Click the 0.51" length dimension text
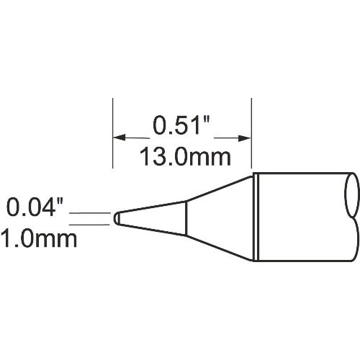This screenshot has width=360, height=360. pyautogui.click(x=181, y=127)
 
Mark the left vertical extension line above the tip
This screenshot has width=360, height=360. pyautogui.click(x=113, y=137)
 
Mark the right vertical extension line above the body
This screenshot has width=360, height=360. pyautogui.click(x=251, y=137)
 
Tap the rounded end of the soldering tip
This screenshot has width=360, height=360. pyautogui.click(x=117, y=218)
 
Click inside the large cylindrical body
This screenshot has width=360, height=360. pyautogui.click(x=302, y=216)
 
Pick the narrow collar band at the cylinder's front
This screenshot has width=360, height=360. pyautogui.click(x=255, y=216)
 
